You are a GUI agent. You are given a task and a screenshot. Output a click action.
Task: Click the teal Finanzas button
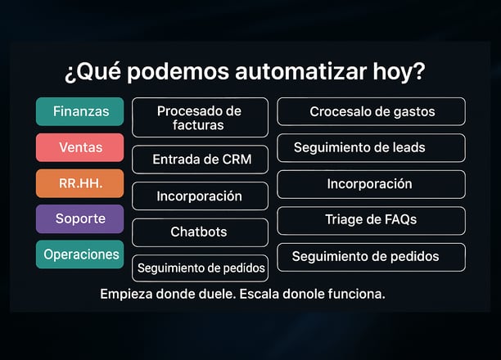click(80, 111)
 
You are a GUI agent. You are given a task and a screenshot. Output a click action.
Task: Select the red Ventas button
click(80, 147)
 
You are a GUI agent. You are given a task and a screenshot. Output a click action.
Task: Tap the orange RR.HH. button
click(80, 183)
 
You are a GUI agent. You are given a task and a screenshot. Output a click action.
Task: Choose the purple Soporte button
click(80, 218)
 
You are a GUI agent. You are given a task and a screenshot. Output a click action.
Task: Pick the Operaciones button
click(80, 254)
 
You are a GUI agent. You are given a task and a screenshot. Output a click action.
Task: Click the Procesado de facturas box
click(200, 118)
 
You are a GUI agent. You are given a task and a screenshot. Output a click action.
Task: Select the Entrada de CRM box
click(200, 160)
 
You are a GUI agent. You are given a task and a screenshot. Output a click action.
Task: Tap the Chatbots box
click(200, 232)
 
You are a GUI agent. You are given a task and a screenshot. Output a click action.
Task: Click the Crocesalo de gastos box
click(372, 111)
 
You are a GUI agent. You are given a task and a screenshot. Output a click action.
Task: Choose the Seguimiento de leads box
click(372, 147)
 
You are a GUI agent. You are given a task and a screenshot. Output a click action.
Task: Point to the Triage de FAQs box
click(372, 220)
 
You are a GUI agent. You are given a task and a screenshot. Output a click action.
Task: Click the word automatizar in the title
click(300, 71)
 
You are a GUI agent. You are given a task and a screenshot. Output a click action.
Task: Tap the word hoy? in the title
click(399, 72)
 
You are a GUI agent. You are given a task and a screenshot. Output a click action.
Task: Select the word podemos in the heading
click(178, 72)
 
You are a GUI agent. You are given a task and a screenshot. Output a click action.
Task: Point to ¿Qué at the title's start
click(93, 72)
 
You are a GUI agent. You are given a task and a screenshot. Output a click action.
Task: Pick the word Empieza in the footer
click(126, 295)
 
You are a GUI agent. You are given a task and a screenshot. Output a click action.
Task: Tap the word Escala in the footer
click(260, 294)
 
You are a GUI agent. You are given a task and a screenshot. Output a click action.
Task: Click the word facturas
click(198, 125)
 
